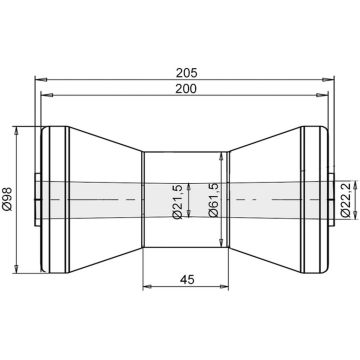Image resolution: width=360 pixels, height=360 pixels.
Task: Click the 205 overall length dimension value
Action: pyautogui.click(x=187, y=72)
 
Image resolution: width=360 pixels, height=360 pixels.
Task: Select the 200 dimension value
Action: pyautogui.click(x=187, y=88)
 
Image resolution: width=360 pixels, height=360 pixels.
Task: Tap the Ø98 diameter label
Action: pyautogui.click(x=7, y=199)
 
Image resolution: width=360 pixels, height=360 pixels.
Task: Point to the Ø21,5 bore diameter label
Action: pyautogui.click(x=178, y=202)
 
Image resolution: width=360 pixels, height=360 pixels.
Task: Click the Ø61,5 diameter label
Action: pyautogui.click(x=213, y=200)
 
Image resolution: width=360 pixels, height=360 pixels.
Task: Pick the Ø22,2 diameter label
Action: pyautogui.click(x=346, y=200)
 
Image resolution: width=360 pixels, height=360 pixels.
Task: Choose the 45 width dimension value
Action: pyautogui.click(x=187, y=279)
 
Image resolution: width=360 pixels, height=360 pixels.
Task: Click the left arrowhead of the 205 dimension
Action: pyautogui.click(x=41, y=80)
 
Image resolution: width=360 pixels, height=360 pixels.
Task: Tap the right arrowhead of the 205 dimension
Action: pyautogui.click(x=328, y=80)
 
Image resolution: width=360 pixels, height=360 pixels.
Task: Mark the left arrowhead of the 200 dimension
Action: pyautogui.click(x=47, y=95)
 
